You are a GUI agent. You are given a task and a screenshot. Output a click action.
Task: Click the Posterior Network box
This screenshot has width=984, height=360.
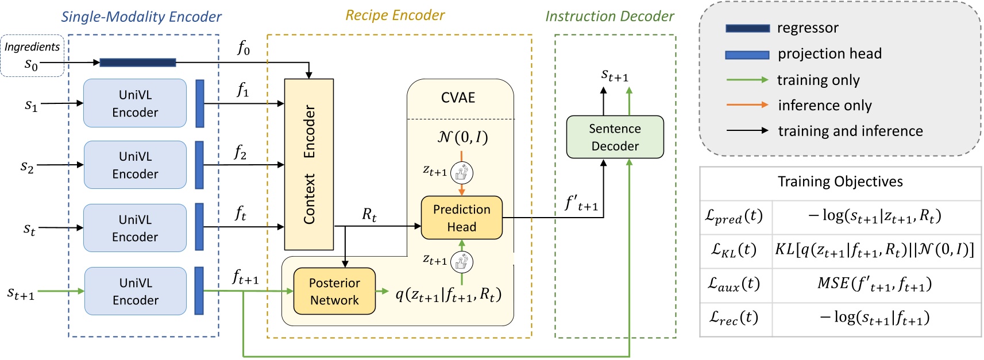[x=334, y=291]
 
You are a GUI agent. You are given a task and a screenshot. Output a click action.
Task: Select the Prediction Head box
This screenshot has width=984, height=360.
[x=462, y=218]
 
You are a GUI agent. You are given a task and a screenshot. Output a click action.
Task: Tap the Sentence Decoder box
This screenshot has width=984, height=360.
[x=615, y=137]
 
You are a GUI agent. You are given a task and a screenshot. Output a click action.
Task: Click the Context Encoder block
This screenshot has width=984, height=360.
[x=309, y=164]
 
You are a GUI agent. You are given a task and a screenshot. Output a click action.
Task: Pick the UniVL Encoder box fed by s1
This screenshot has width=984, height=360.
[x=135, y=103]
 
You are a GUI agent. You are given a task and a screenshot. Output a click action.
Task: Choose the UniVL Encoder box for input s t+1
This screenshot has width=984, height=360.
[x=136, y=291]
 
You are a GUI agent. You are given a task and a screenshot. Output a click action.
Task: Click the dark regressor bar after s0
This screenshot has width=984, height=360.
[x=138, y=63]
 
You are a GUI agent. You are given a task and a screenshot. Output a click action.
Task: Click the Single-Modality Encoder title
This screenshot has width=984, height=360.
[x=141, y=17]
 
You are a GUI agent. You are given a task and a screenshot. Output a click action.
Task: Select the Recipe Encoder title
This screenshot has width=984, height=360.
[x=395, y=16]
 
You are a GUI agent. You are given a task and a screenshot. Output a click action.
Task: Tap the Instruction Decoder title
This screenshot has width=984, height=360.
[x=609, y=16]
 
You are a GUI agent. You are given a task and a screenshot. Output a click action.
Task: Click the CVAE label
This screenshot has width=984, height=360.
[x=458, y=98]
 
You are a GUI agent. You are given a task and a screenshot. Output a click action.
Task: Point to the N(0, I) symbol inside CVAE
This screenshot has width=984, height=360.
[x=462, y=137]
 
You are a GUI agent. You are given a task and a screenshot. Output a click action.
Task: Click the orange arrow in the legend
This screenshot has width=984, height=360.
[x=747, y=105]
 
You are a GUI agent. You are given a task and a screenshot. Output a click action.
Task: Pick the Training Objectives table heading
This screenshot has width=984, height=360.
[x=840, y=182]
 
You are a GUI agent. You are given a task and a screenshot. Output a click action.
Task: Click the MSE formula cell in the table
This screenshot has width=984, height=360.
[x=874, y=284]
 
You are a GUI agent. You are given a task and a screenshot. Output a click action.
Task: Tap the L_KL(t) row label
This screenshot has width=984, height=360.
[x=734, y=249]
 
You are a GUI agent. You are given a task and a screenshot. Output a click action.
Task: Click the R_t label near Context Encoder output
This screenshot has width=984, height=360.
[x=369, y=215]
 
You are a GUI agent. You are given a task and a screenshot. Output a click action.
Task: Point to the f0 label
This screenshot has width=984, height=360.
[x=244, y=48]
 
